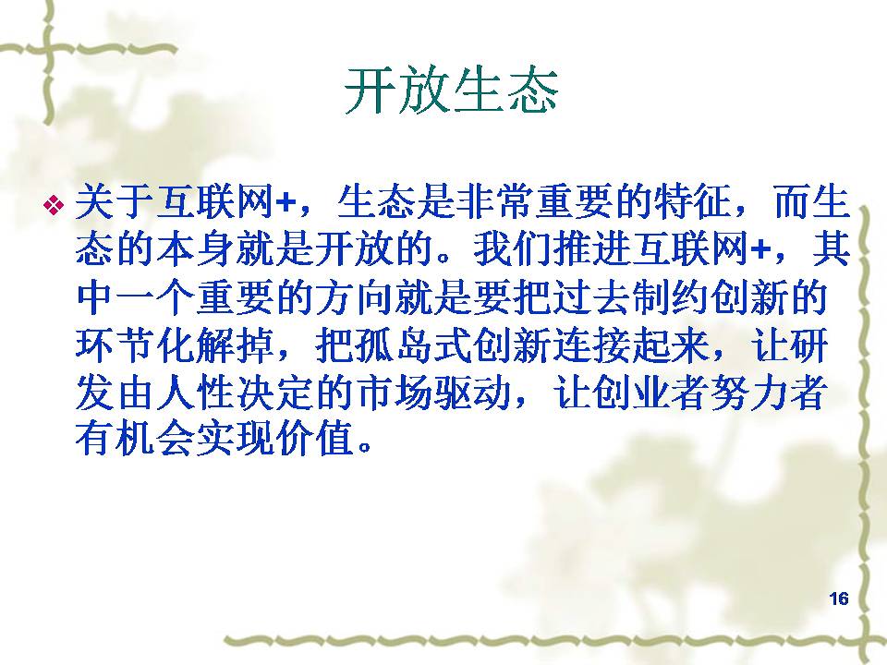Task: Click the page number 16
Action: [x=839, y=598]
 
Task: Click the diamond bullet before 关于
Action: [x=54, y=204]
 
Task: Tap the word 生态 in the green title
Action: [x=505, y=91]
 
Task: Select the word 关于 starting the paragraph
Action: [x=115, y=202]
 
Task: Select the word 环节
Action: [x=115, y=345]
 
